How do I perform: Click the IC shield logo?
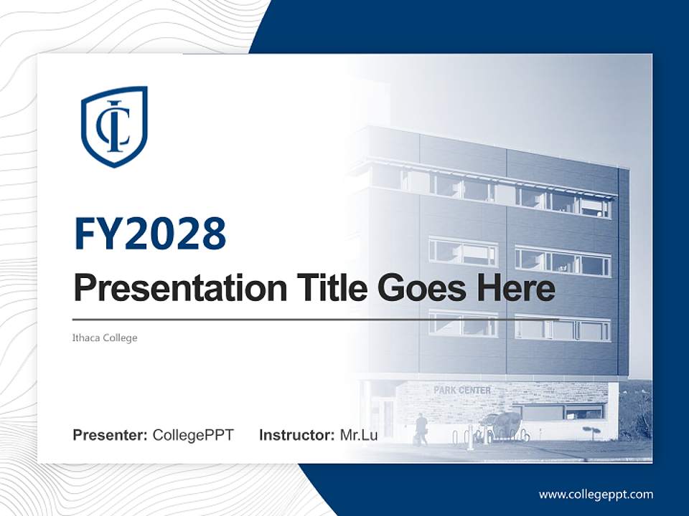tap(114, 126)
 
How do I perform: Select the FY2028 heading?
tap(150, 234)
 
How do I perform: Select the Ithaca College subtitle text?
tap(105, 338)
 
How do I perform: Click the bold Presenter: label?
tap(111, 434)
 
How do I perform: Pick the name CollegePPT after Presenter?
tap(193, 434)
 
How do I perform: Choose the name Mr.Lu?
tap(358, 434)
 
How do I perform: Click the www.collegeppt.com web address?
tap(596, 494)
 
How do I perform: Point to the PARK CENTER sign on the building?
tap(462, 391)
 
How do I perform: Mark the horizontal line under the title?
tap(316, 319)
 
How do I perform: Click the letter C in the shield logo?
tap(108, 126)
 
